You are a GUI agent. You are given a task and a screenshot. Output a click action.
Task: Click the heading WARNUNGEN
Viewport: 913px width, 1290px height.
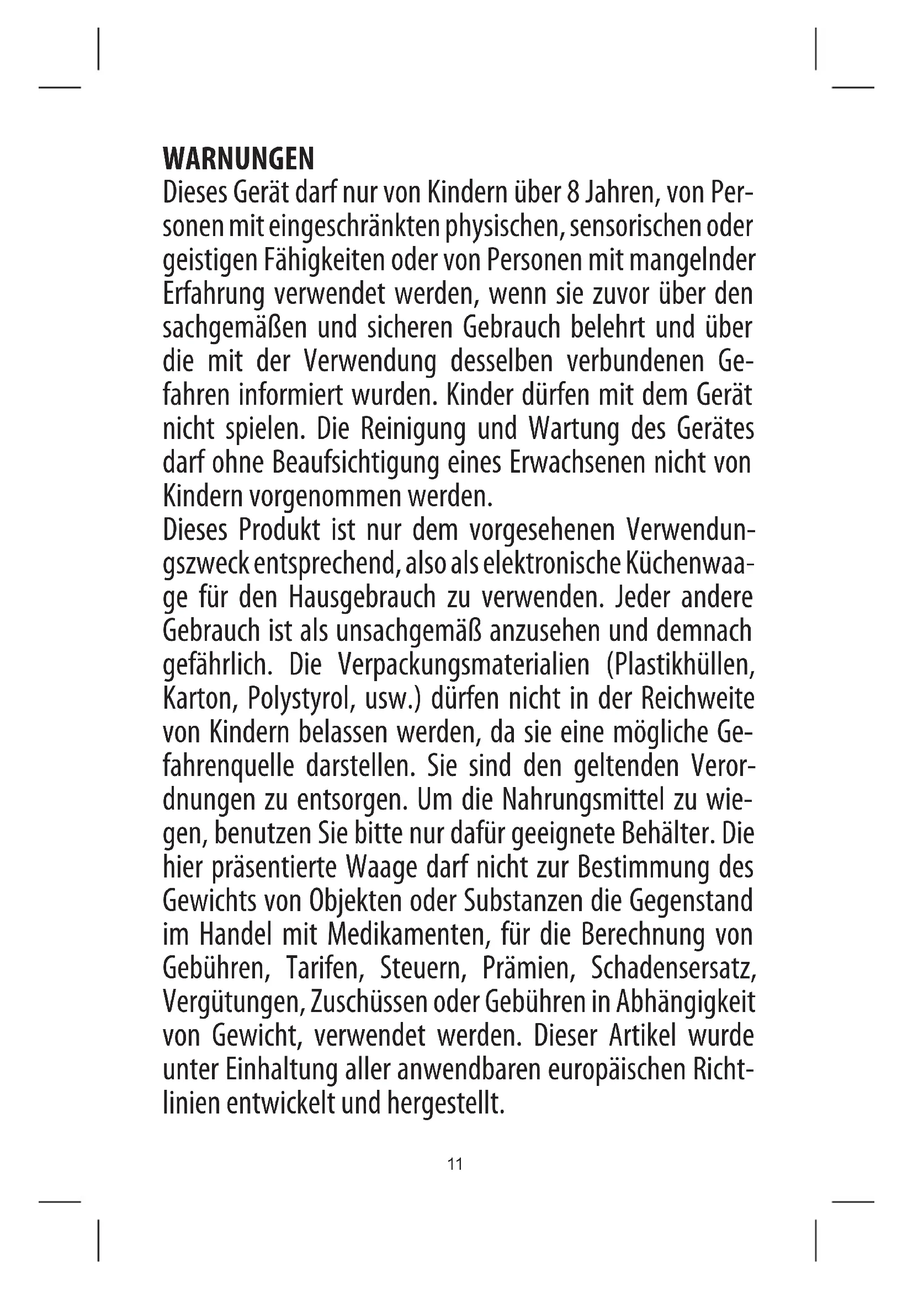pyautogui.click(x=238, y=159)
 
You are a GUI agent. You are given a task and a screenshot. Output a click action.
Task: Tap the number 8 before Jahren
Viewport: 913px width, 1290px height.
pyautogui.click(x=568, y=194)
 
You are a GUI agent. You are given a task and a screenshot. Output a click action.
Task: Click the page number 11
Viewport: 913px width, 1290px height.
pyautogui.click(x=455, y=1164)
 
